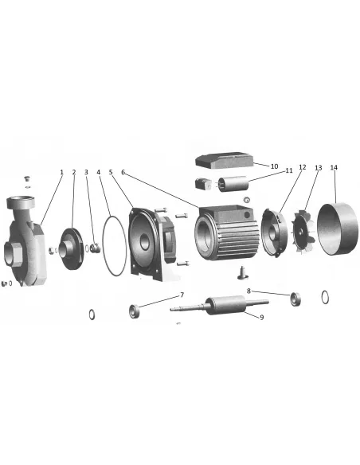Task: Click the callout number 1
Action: click(61, 172)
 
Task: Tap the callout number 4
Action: click(99, 172)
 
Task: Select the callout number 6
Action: click(123, 172)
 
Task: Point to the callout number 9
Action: click(261, 318)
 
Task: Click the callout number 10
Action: click(274, 166)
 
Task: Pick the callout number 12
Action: click(302, 167)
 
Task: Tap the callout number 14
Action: click(334, 167)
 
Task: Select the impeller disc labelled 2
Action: click(71, 248)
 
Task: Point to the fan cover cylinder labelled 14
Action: click(338, 229)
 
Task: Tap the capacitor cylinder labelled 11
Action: click(233, 184)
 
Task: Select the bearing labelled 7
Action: click(135, 311)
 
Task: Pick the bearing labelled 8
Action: click(295, 299)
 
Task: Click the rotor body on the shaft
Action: click(225, 305)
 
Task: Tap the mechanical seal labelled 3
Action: click(95, 248)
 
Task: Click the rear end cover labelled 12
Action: click(274, 232)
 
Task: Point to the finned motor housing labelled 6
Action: click(227, 233)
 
